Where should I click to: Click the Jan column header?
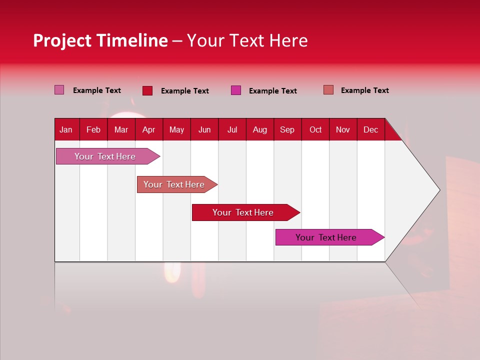[x=66, y=129]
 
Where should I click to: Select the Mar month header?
[x=121, y=129]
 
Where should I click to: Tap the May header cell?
[x=176, y=129]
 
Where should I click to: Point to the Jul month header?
[x=232, y=129]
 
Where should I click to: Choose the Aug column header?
[x=259, y=129]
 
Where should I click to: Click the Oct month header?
[x=315, y=129]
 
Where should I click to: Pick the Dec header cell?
[x=370, y=129]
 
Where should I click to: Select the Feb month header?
[x=93, y=129]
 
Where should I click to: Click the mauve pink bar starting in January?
[x=105, y=156]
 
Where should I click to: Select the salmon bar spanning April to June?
[x=174, y=184]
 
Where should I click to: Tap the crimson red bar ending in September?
[x=243, y=212]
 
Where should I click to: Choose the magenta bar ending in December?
[x=326, y=237]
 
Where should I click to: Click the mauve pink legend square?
[x=59, y=90]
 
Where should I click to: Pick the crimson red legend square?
[x=147, y=90]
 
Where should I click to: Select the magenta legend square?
[x=236, y=90]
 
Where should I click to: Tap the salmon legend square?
[x=328, y=90]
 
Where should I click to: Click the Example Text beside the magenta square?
[x=272, y=91]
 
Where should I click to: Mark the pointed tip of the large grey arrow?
[x=439, y=190]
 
